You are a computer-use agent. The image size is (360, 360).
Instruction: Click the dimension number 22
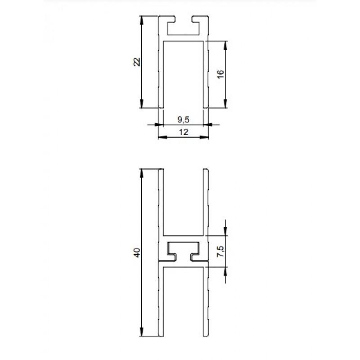[137, 62]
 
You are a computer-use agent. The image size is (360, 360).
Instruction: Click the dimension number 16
[220, 74]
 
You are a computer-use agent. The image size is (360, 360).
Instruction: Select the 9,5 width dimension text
[184, 119]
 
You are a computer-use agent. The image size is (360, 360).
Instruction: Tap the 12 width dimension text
[184, 132]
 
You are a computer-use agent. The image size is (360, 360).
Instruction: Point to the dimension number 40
[137, 252]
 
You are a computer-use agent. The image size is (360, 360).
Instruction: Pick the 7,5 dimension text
[220, 251]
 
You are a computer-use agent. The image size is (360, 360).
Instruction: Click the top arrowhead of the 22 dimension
[141, 20]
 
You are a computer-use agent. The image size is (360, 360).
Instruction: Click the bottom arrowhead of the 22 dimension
[141, 103]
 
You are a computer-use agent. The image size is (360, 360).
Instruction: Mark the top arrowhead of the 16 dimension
[225, 45]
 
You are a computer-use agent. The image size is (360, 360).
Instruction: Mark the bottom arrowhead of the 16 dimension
[225, 103]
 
